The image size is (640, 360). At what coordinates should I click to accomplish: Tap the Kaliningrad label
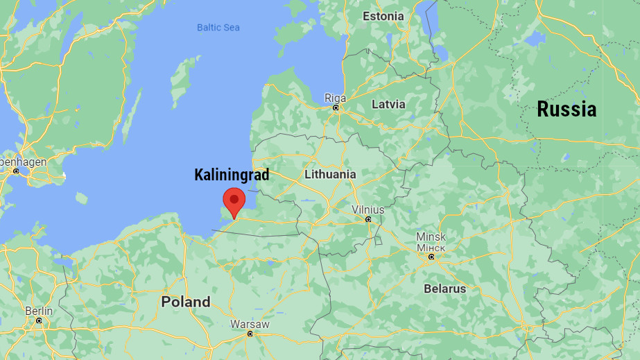tap(232, 175)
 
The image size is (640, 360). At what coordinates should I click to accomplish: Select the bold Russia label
tap(567, 109)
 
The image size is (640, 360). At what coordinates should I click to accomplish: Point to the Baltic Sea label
tap(218, 28)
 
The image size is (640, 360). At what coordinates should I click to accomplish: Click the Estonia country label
tap(383, 16)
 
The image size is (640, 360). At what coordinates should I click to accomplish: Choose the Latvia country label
tap(388, 104)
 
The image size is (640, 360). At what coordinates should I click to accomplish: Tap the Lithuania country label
tap(329, 174)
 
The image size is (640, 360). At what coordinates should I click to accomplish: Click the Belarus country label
tap(445, 288)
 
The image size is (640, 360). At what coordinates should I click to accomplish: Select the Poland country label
tap(185, 302)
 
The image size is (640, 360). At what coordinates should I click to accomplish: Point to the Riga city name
tap(336, 98)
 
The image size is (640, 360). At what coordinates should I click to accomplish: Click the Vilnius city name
tap(367, 209)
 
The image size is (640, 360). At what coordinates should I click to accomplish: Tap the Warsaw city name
tap(250, 324)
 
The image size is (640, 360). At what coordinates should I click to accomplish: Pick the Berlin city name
tap(39, 311)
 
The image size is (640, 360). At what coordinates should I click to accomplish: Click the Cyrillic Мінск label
tap(431, 247)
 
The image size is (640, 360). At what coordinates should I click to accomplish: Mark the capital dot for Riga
tap(336, 108)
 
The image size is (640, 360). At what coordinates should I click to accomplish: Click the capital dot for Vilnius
tap(368, 219)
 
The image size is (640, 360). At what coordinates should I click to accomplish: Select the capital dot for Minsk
tap(431, 257)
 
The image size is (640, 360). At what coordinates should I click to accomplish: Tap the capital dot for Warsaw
tap(250, 334)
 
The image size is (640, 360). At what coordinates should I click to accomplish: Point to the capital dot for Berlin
tap(39, 320)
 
